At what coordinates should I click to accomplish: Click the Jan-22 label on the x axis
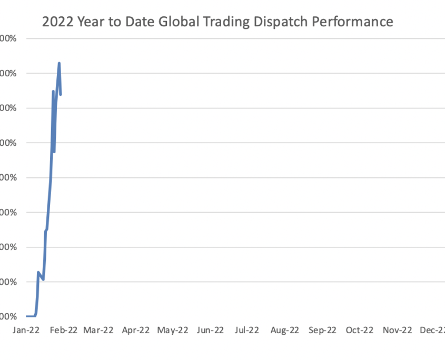[25, 331]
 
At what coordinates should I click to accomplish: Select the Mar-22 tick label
[98, 331]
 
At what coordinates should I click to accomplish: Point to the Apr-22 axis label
[136, 331]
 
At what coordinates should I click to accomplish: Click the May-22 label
[173, 331]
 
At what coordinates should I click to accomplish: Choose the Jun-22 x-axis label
[210, 331]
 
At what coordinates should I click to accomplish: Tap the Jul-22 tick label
[246, 331]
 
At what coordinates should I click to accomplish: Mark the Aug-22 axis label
[284, 331]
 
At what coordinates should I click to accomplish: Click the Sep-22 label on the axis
[322, 331]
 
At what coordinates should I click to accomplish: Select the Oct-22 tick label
[359, 331]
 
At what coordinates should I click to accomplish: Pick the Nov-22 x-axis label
[397, 331]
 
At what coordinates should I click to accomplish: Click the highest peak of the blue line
[59, 63]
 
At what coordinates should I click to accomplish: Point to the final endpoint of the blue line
[61, 95]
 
